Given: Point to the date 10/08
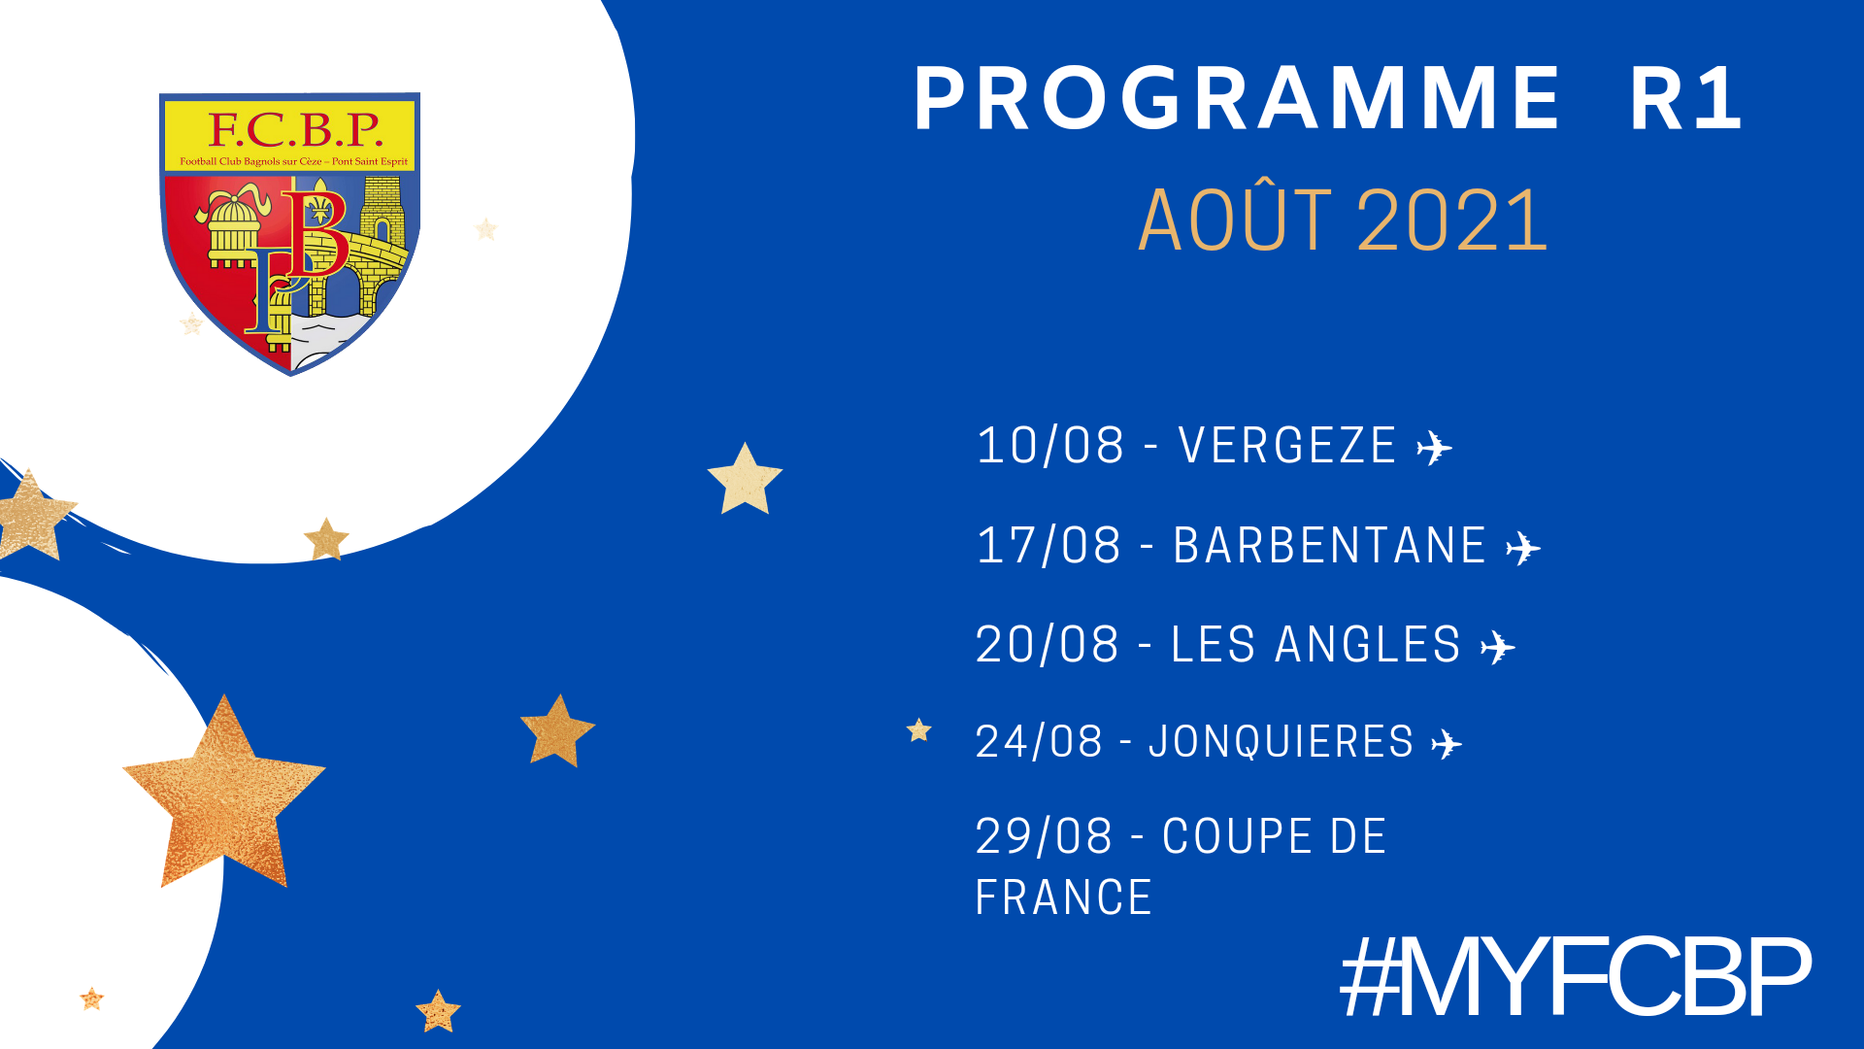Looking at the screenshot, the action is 1050,446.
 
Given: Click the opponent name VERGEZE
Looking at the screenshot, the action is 1287,446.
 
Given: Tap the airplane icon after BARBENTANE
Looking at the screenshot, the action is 1523,549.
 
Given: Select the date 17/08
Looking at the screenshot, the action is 1049,545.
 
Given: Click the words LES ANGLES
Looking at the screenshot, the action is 1315,645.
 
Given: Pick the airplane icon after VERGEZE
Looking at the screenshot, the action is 1434,449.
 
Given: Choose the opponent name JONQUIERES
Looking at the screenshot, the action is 1281,742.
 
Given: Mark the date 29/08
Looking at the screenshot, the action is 1044,836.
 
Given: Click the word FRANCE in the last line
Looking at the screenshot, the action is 1063,897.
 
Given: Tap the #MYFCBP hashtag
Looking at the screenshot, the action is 1576,977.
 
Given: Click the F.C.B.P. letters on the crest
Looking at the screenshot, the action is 295,129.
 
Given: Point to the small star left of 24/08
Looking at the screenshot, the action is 918,729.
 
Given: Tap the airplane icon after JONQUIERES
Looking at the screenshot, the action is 1447,744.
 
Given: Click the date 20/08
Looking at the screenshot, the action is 1048,645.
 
